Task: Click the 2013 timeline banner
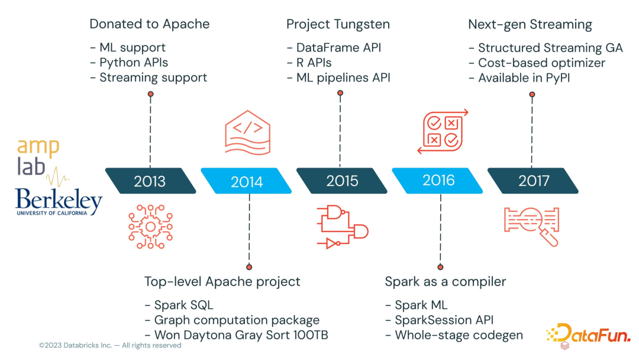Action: [150, 181]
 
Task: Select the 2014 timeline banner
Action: [246, 181]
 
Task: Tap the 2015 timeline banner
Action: [342, 181]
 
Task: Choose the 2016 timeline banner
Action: [438, 181]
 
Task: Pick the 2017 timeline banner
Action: [533, 181]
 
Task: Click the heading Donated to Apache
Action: [149, 24]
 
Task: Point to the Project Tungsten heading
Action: [337, 24]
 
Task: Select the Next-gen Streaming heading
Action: [530, 24]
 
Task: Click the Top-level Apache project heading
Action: [222, 281]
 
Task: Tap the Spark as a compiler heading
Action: [445, 281]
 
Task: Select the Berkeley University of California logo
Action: [59, 202]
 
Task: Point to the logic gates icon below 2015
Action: [342, 226]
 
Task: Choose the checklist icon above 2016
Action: [443, 131]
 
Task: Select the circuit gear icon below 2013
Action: [150, 226]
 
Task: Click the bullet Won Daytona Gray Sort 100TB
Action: [236, 335]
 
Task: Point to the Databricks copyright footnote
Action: [110, 345]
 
